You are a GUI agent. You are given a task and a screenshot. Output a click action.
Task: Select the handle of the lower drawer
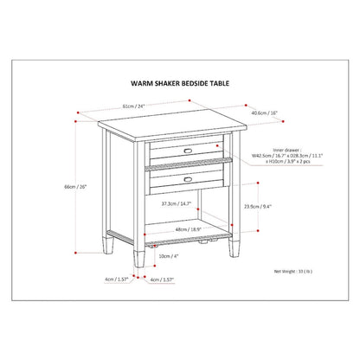click(x=189, y=178)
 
